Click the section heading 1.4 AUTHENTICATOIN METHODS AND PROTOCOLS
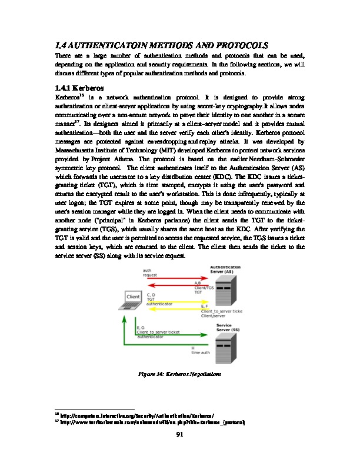pos(161,45)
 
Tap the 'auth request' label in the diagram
pos(151,272)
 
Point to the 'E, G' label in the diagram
pos(142,327)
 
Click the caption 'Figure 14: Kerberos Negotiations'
pos(179,374)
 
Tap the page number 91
pos(179,435)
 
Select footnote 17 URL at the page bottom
pos(151,422)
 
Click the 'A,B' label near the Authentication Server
pos(198,283)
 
